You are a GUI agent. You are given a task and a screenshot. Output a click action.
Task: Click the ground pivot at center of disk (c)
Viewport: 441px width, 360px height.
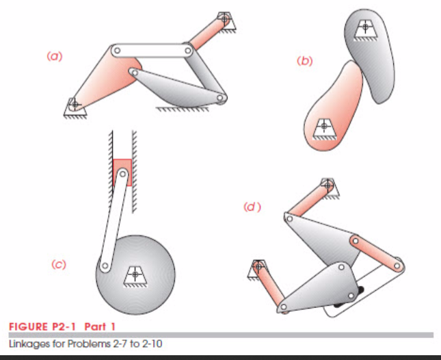(135, 274)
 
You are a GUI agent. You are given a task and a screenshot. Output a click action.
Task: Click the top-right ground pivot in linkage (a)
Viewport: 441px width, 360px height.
(224, 18)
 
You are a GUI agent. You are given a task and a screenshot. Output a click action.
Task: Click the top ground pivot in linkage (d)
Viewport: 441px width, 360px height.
(329, 184)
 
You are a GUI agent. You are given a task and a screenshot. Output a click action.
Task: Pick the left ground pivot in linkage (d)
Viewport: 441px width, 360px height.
(259, 267)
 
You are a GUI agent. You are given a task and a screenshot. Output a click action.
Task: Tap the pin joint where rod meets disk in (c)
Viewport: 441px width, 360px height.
(105, 266)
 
